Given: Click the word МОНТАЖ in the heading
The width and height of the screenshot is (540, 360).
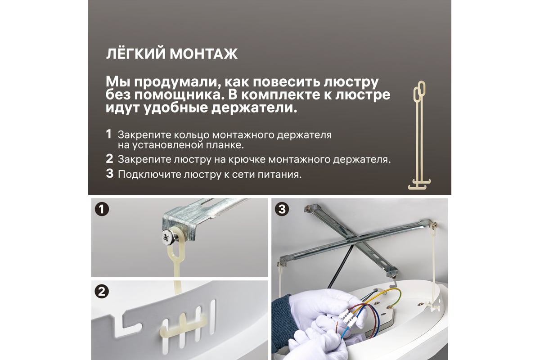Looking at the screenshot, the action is tap(204, 54).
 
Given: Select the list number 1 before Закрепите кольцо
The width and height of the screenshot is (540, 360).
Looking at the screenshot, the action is tap(109, 134).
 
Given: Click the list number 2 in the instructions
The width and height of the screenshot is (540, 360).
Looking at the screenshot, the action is tap(109, 159).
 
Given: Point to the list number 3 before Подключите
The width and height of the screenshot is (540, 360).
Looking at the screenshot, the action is tap(110, 174).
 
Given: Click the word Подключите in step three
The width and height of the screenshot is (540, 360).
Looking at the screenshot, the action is tap(149, 175).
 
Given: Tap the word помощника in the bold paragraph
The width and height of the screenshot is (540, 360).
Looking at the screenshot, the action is tap(177, 95).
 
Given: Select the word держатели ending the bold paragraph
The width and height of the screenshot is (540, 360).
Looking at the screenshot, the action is tap(254, 107).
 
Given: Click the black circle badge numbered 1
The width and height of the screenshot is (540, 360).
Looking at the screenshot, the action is tap(102, 209).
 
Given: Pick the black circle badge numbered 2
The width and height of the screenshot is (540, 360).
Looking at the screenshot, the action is tap(102, 292).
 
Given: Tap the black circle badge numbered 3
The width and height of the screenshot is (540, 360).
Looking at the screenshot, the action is tap(282, 209).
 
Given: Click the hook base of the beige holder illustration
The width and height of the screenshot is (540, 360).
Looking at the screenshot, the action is tap(419, 184).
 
